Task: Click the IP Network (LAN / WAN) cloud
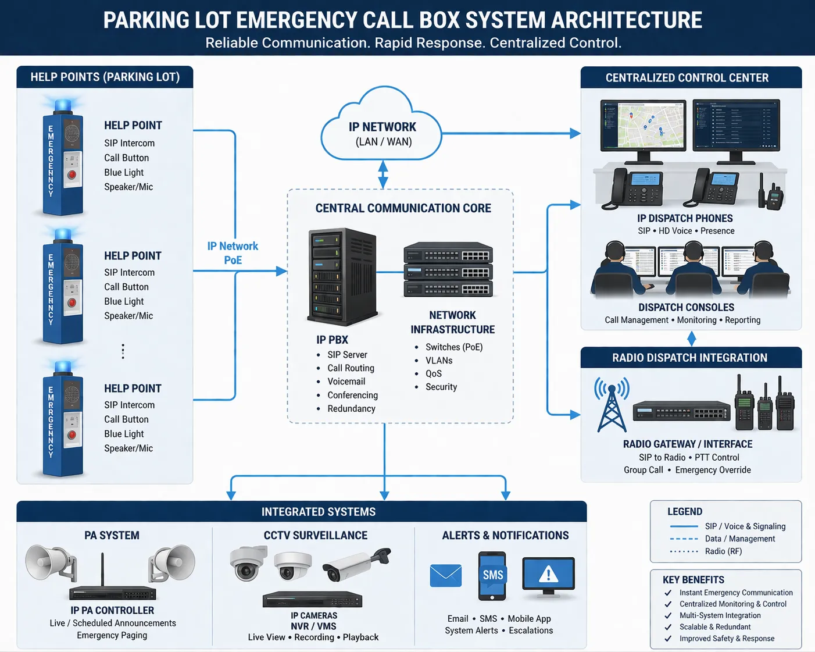[x=382, y=131]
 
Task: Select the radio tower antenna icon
[x=612, y=404]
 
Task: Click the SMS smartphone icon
[x=492, y=576]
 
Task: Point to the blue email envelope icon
[x=445, y=576]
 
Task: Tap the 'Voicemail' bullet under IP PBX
[x=346, y=382]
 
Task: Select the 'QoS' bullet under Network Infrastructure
[x=433, y=373]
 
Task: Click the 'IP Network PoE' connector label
[x=233, y=253]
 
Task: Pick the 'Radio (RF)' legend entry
[x=723, y=551]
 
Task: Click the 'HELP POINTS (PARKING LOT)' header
[x=105, y=77]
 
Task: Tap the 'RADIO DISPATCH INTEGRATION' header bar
[x=690, y=358]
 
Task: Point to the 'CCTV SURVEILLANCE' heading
[x=316, y=535]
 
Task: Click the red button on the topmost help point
[x=72, y=174]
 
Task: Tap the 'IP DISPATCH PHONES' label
[x=685, y=218]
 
